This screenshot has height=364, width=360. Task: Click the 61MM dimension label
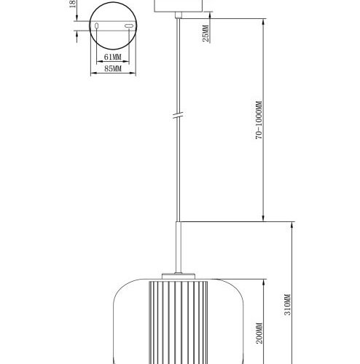pos(111,56)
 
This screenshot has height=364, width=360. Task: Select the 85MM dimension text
pos(111,70)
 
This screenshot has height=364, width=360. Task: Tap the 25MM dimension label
pos(207,33)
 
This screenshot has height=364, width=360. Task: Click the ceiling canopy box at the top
pos(178,7)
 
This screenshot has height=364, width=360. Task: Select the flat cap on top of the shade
pos(178,274)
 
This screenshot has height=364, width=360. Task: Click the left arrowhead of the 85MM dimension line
pos(90,74)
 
